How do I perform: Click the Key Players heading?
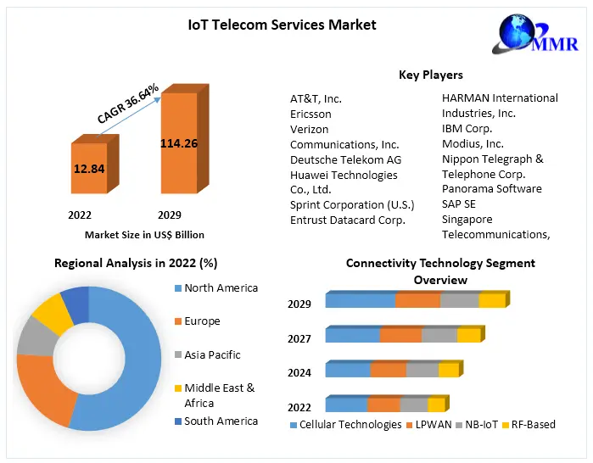coord(431,75)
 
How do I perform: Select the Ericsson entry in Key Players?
coord(310,114)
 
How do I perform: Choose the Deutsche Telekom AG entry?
coord(345,159)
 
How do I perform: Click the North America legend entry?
coord(221,288)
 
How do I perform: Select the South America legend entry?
coord(221,421)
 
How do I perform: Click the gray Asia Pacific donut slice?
coord(35,337)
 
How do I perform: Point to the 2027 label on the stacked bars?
coord(299,338)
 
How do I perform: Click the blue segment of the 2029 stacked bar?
coord(360,300)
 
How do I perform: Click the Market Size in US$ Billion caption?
coord(144,234)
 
